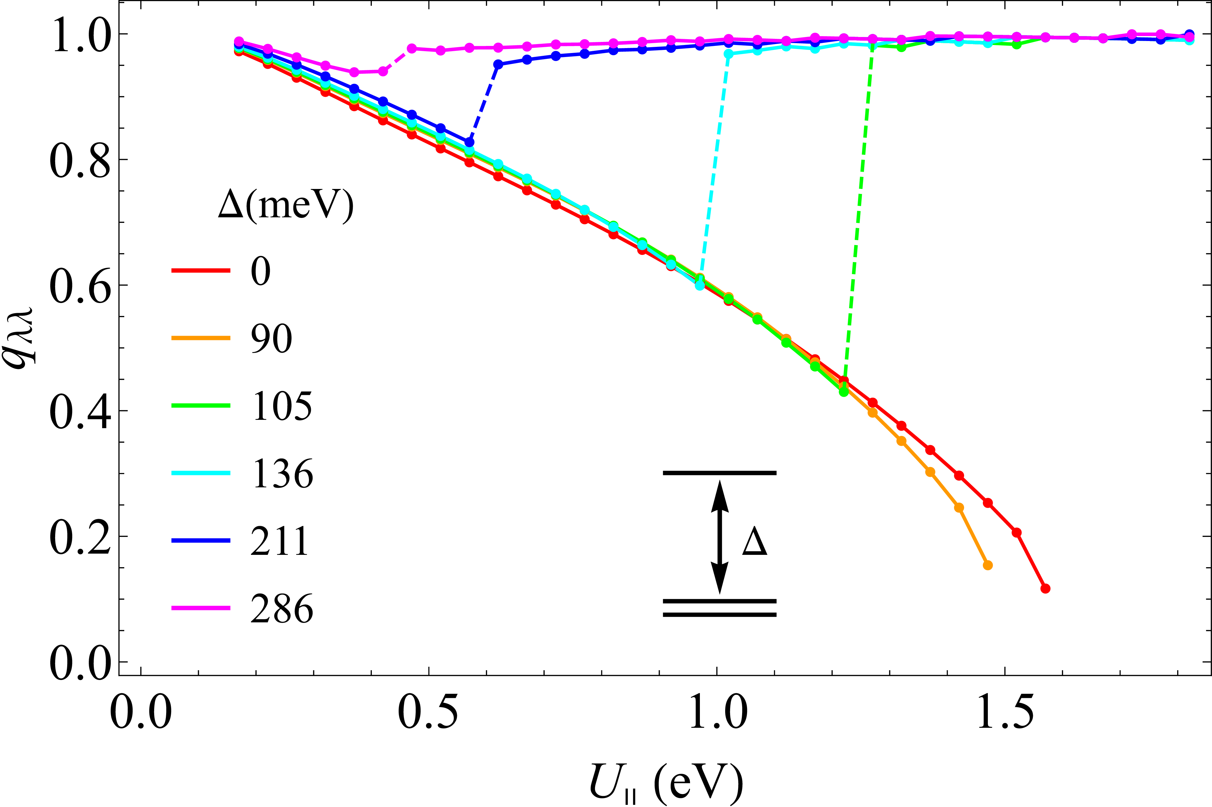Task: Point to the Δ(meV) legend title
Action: tap(286, 205)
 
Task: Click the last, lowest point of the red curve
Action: tap(1045, 588)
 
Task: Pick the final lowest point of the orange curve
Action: tap(988, 565)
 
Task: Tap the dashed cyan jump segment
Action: tap(714, 170)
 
